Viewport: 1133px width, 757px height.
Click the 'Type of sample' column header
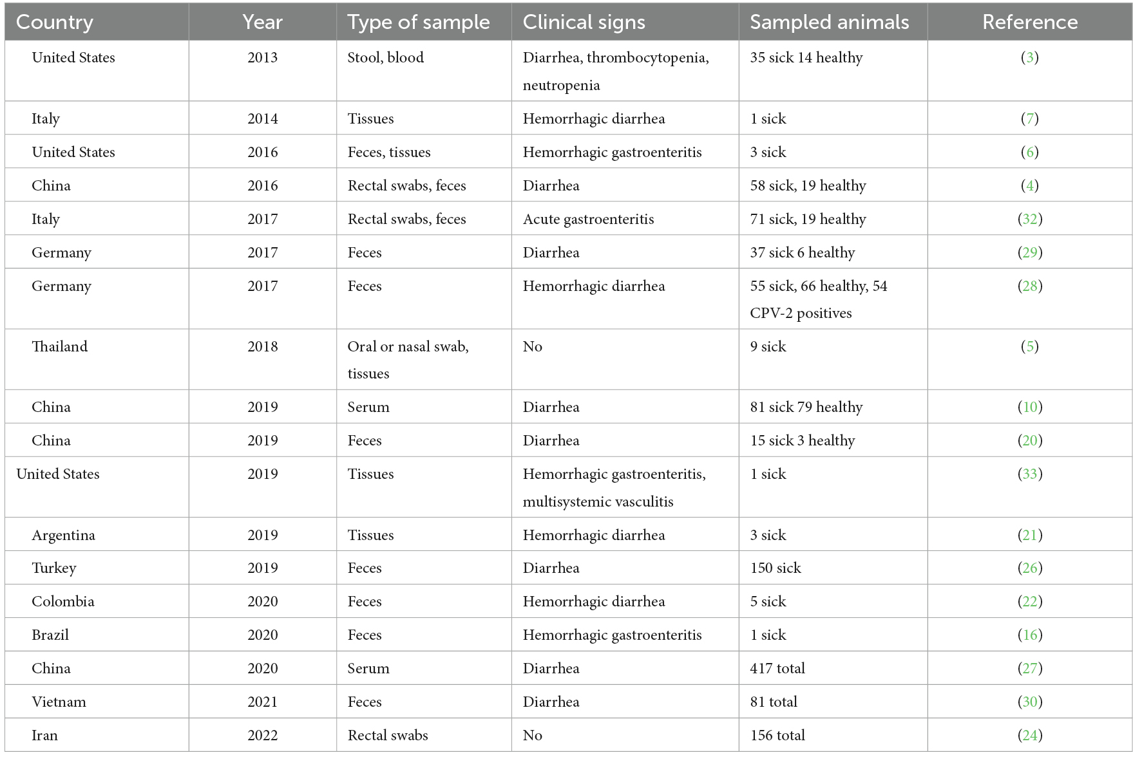pyautogui.click(x=419, y=23)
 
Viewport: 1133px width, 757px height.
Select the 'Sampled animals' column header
pyautogui.click(x=829, y=23)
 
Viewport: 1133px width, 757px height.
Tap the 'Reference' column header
pyautogui.click(x=1029, y=23)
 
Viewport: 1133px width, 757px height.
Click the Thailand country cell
pyautogui.click(x=59, y=346)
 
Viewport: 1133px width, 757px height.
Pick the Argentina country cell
pyautogui.click(x=63, y=535)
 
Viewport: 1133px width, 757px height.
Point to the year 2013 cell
pyautogui.click(x=262, y=57)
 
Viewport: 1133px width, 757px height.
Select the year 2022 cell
pyautogui.click(x=262, y=735)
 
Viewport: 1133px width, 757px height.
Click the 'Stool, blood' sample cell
pyautogui.click(x=385, y=57)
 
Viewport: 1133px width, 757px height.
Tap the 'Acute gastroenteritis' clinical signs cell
pyautogui.click(x=588, y=219)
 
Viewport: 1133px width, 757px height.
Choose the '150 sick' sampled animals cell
pyautogui.click(x=776, y=568)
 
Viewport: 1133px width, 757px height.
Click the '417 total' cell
pyautogui.click(x=777, y=668)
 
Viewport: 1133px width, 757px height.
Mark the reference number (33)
pyautogui.click(x=1029, y=474)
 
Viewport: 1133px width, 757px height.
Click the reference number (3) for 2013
pyautogui.click(x=1029, y=57)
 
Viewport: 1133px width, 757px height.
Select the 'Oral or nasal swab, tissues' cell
pyautogui.click(x=408, y=359)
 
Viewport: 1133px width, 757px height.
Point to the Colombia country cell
pyautogui.click(x=63, y=601)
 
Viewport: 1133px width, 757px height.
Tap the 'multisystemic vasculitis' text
pyautogui.click(x=598, y=501)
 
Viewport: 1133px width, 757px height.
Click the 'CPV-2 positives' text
pyautogui.click(x=801, y=313)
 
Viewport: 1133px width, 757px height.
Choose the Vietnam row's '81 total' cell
pyautogui.click(x=774, y=702)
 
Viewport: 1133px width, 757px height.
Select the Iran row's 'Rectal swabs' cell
pyautogui.click(x=388, y=735)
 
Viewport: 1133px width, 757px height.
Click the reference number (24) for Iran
pyautogui.click(x=1029, y=735)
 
